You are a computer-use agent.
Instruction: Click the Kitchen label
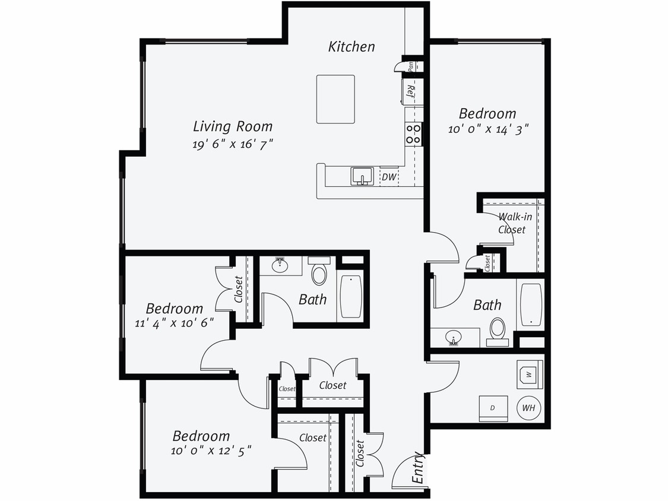tap(352, 46)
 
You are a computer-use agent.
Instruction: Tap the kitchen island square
tap(335, 99)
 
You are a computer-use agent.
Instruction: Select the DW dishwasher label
tap(388, 177)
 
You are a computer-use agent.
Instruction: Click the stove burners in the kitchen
tap(413, 134)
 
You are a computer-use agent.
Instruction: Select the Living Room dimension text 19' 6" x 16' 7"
tap(232, 144)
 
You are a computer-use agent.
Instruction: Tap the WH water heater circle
tap(528, 408)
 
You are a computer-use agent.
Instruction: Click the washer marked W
tap(528, 374)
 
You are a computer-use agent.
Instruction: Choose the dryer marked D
tap(493, 408)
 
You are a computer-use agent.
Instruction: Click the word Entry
tap(419, 468)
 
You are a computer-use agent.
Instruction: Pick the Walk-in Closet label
tap(512, 223)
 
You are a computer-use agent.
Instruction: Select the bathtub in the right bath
tap(531, 305)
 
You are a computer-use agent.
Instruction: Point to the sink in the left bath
tap(280, 265)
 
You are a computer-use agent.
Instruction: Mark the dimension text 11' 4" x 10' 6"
tap(175, 323)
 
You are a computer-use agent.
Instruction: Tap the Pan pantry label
tap(410, 65)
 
